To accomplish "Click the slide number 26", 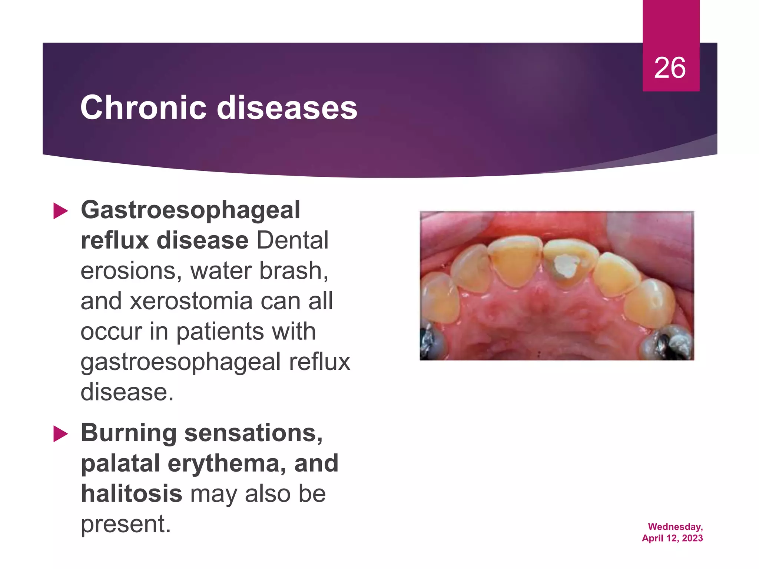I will click(670, 68).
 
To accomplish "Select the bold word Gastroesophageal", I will click(190, 210).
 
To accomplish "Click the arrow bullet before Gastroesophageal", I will click(61, 211).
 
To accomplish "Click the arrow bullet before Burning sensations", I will click(61, 434).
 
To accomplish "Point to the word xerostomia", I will click(191, 301).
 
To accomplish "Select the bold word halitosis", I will click(132, 494).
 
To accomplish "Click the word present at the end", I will click(125, 525).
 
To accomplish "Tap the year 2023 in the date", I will click(692, 538).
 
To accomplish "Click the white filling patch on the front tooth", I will click(566, 266).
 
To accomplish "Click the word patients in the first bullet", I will click(219, 332).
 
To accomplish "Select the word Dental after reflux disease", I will click(292, 240).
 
